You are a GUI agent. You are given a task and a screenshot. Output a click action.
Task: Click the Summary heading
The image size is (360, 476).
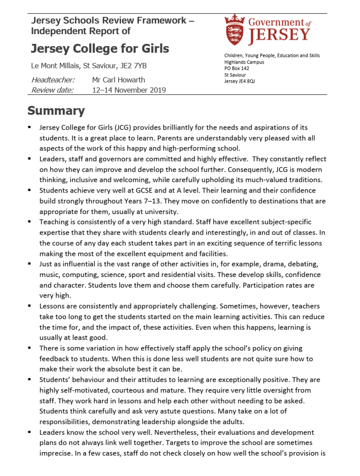tap(56, 111)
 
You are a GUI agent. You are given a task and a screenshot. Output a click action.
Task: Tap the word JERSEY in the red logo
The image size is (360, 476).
tap(279, 35)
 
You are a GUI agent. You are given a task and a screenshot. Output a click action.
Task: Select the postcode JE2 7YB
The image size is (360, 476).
tap(134, 66)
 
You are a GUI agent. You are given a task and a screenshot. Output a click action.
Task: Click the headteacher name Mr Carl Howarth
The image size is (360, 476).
tap(118, 80)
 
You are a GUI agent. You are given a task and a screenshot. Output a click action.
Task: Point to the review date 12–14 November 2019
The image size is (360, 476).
tap(129, 90)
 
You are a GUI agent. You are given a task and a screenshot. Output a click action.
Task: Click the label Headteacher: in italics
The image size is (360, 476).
tap(53, 80)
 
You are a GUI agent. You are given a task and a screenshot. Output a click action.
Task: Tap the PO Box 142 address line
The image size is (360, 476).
tap(237, 68)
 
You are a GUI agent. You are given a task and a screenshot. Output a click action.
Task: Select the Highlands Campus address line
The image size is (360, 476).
tap(244, 62)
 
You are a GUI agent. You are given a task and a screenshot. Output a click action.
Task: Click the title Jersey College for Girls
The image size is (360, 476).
tap(100, 49)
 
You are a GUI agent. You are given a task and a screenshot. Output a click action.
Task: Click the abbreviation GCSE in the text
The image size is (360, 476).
tap(143, 190)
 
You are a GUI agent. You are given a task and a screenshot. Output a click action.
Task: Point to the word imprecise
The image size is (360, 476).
tap(55, 453)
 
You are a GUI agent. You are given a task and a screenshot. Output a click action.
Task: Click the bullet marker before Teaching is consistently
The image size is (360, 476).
tap(30, 222)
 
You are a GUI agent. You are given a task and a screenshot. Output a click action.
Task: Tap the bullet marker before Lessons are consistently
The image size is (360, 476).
tap(30, 306)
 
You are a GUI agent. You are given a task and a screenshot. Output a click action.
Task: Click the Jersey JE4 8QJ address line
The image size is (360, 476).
tap(239, 81)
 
